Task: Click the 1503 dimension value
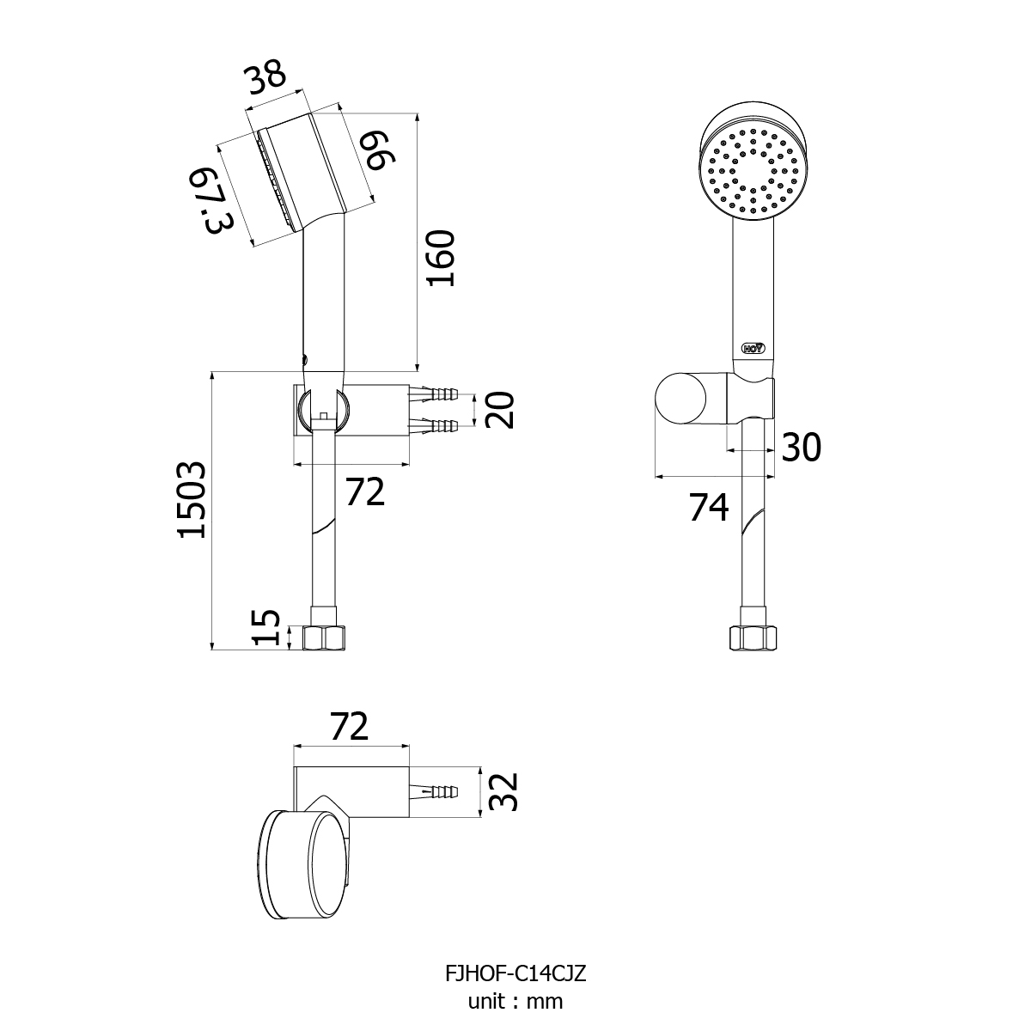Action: [x=192, y=500]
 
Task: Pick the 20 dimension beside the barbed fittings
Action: [x=499, y=410]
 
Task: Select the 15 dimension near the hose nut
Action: [x=267, y=628]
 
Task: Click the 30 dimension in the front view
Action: [x=801, y=447]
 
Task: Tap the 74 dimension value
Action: [x=709, y=508]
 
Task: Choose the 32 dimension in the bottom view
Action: [x=504, y=791]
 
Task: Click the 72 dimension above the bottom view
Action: [x=350, y=727]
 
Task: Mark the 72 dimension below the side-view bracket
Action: [x=365, y=492]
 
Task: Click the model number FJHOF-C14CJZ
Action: [x=515, y=974]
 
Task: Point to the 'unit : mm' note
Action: [x=515, y=1001]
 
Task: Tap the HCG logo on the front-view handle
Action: [x=753, y=348]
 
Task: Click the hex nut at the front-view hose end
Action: [x=753, y=638]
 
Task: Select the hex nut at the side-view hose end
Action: [x=324, y=638]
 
